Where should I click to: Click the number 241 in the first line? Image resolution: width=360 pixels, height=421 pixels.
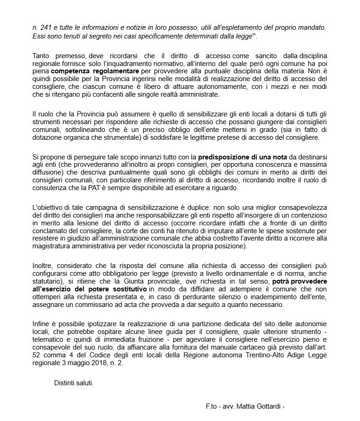coord(44,27)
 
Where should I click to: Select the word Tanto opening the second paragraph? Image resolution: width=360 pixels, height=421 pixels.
coord(41,55)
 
